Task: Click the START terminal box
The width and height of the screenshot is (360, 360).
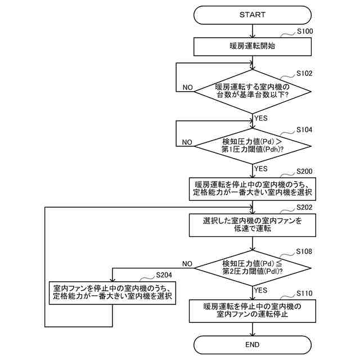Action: (x=252, y=15)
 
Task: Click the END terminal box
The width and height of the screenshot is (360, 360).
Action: (x=252, y=344)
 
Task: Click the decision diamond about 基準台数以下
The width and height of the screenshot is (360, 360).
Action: (x=252, y=91)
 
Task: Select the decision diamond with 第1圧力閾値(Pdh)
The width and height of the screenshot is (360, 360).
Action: (x=252, y=145)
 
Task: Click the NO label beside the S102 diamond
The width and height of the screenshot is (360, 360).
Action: (x=188, y=88)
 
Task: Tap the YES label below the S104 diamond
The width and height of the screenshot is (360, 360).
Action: (x=260, y=168)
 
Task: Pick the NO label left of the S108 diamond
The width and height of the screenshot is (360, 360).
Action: (x=187, y=263)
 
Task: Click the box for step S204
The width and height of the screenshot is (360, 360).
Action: (x=112, y=291)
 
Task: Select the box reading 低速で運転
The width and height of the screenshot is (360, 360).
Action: (x=252, y=225)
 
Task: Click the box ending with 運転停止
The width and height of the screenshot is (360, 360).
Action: (x=252, y=310)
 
